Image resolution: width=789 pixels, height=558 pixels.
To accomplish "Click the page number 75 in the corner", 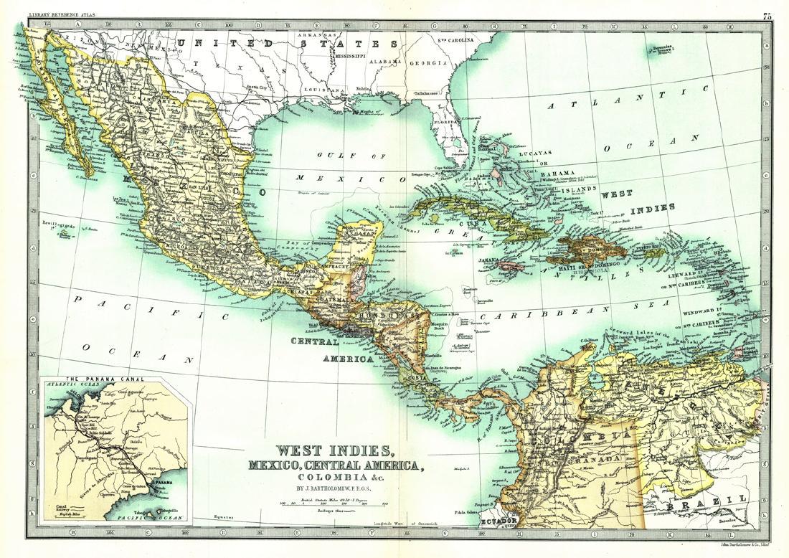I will [x=767, y=16].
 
